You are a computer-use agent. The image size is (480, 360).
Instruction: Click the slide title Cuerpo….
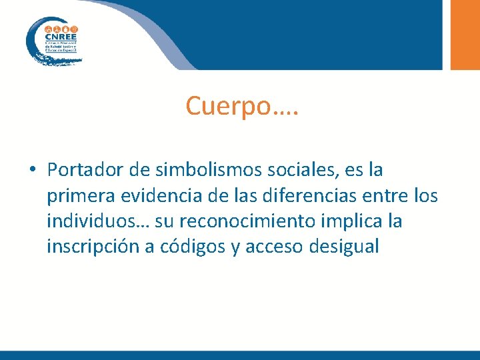pos(242,105)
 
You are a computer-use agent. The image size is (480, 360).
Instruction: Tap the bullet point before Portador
pos(32,171)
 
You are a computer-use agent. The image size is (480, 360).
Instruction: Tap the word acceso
pos(273,247)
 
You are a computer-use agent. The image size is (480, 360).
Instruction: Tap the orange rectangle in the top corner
pos(465,34)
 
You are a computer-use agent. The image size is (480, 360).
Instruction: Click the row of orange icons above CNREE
pos(61,29)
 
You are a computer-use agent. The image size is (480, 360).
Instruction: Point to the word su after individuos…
pos(157,221)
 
